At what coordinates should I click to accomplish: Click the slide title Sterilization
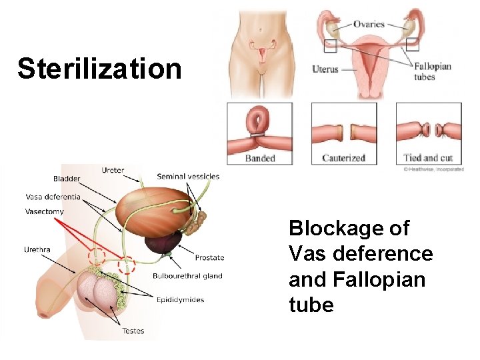point(99,69)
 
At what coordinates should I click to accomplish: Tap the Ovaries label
point(369,24)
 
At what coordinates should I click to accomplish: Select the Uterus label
point(325,69)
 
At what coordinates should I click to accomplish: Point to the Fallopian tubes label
point(433,71)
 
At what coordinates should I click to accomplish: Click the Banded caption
point(260,158)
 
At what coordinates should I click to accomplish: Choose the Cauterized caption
point(343,158)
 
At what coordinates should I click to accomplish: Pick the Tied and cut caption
point(428,158)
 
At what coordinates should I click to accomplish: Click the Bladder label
point(67,179)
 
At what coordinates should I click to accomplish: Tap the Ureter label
point(113,170)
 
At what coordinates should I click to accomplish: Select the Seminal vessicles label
point(188,177)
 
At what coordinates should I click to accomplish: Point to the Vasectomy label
point(45,211)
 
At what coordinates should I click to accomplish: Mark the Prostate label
point(209,257)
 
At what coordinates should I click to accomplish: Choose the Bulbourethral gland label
point(187,276)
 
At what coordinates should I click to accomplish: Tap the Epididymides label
point(182,300)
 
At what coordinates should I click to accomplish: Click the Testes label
point(133,331)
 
